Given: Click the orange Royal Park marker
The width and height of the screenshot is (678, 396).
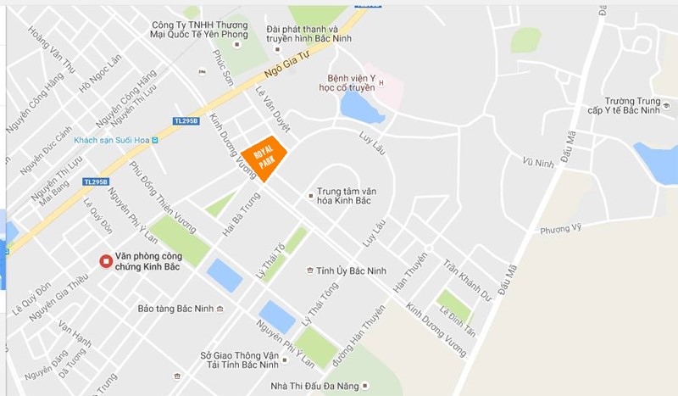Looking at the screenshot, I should click(264, 157).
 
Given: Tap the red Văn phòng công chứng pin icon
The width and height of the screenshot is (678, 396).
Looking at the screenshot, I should click(105, 262).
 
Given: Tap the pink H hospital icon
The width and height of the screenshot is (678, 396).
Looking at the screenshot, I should click(381, 82).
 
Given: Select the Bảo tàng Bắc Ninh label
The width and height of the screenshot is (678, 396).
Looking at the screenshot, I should click(175, 309).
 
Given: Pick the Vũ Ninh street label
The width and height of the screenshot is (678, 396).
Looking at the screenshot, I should click(538, 163).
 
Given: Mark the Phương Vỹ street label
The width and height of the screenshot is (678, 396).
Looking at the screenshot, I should click(561, 227).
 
